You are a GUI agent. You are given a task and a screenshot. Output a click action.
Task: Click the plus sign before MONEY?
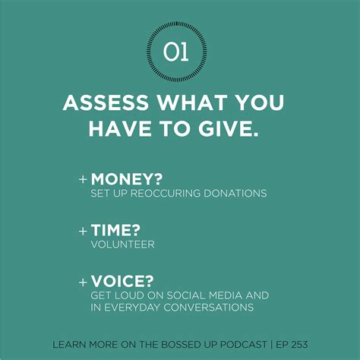point(83,180)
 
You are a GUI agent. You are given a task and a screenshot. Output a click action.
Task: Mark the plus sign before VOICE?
point(83,281)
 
